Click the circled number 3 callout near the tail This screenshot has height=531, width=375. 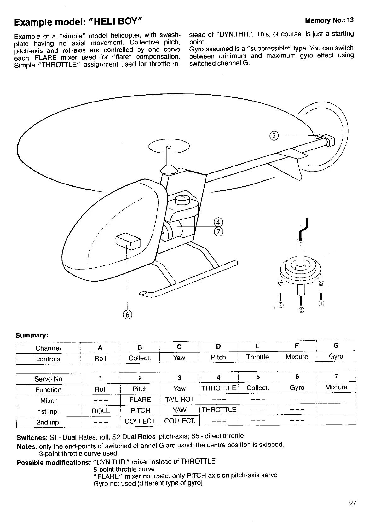tap(274, 136)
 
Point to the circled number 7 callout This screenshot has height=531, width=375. tap(218, 232)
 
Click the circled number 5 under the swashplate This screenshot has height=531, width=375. tap(301, 310)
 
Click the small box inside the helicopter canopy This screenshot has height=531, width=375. tap(128, 241)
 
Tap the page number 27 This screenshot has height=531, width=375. tap(352, 503)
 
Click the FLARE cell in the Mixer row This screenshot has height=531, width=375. tap(140, 400)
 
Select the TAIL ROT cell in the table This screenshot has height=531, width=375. tap(179, 399)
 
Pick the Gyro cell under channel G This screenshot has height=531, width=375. tap(336, 356)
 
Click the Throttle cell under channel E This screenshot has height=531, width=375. tap(257, 357)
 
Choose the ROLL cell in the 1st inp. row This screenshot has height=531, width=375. tap(101, 411)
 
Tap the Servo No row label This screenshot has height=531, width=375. tap(48, 379)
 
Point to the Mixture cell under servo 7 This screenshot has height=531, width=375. tap(336, 387)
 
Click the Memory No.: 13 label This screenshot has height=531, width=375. tap(329, 20)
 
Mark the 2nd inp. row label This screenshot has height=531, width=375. tap(48, 422)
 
